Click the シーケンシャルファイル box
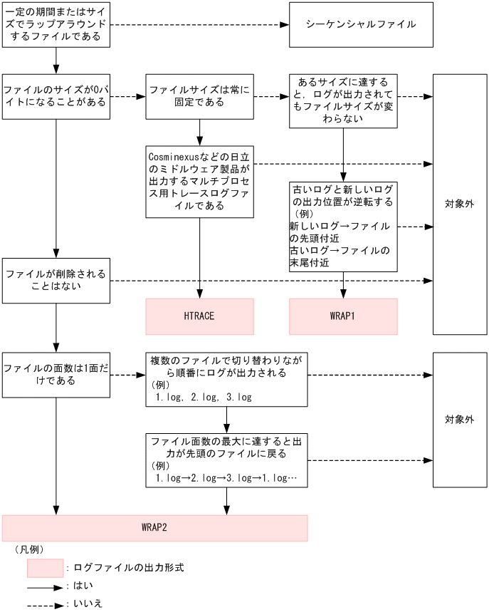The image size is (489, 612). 361,24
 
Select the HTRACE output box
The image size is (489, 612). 199,316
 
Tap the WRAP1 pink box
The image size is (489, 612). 342,316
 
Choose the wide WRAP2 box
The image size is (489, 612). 154,528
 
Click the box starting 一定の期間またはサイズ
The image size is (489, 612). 56,24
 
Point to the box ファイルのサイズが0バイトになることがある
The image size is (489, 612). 56,96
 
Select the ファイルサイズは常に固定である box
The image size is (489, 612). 199,96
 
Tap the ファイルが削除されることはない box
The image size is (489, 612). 56,281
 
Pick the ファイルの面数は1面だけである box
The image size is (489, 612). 56,375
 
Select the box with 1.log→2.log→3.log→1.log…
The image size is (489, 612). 226,460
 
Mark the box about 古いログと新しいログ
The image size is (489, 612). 342,227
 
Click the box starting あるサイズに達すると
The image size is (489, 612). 342,100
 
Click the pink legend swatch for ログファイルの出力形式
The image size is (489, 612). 45,568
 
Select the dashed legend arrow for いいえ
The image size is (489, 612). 45,604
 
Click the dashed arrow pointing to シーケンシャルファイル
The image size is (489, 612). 199,25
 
